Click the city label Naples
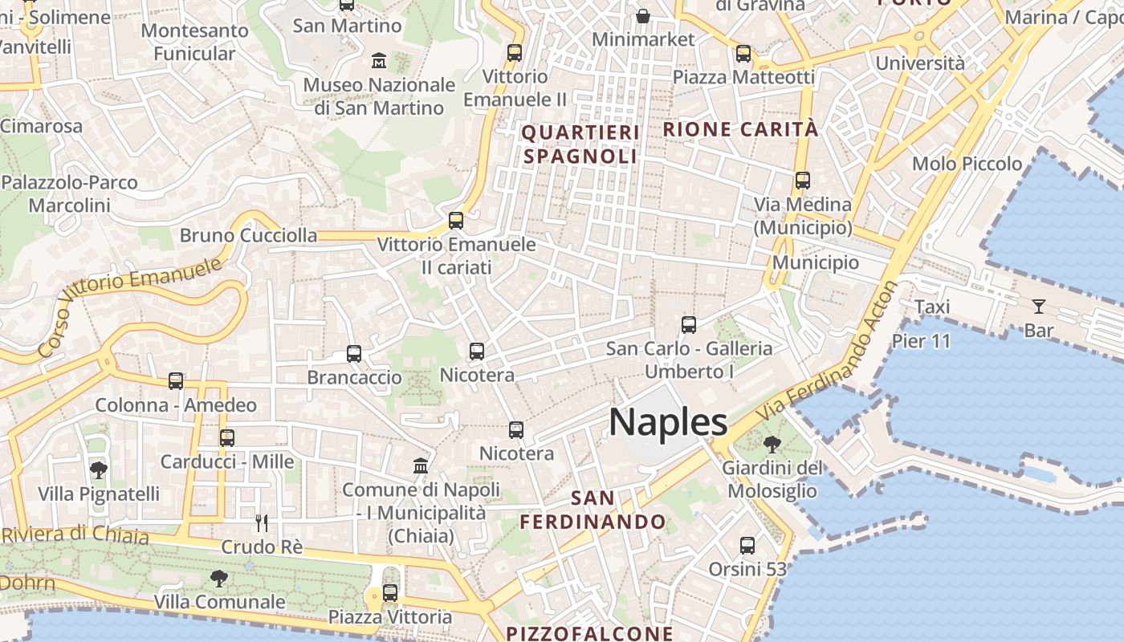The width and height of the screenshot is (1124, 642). click(x=668, y=422)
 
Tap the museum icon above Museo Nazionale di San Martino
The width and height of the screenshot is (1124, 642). click(x=379, y=60)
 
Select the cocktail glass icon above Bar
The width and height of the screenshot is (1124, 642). click(x=1039, y=306)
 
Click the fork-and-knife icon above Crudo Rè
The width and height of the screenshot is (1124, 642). click(x=261, y=523)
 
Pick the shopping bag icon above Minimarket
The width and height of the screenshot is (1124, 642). click(x=643, y=15)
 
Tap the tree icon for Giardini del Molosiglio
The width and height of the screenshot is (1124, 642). click(x=772, y=444)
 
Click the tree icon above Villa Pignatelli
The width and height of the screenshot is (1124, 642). click(x=99, y=470)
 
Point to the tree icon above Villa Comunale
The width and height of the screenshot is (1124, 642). click(x=218, y=578)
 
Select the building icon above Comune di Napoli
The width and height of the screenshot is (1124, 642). click(x=420, y=465)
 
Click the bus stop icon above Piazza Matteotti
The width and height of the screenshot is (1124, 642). click(x=743, y=54)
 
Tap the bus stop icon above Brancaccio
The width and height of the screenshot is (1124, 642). click(x=354, y=353)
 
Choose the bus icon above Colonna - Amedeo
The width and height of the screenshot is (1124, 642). click(x=176, y=381)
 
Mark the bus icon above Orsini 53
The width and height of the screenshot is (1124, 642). click(x=747, y=546)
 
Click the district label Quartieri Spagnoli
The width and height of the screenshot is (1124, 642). click(x=581, y=144)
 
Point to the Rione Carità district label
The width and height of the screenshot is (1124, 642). click(x=740, y=129)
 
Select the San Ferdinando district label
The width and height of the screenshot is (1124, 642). click(x=593, y=510)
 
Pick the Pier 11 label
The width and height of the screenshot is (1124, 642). click(x=921, y=341)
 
